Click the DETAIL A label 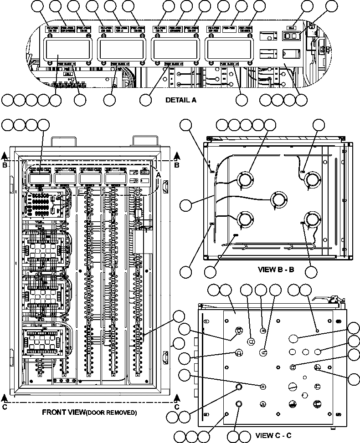(x=181, y=100)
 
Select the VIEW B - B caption (x=276, y=270)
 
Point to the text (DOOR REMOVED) (x=112, y=413)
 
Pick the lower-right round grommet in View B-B (x=313, y=220)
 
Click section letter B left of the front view (x=5, y=166)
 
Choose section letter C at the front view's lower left (x=5, y=407)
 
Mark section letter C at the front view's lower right (x=177, y=407)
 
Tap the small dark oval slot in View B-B (x=236, y=235)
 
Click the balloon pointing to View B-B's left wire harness (x=186, y=206)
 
